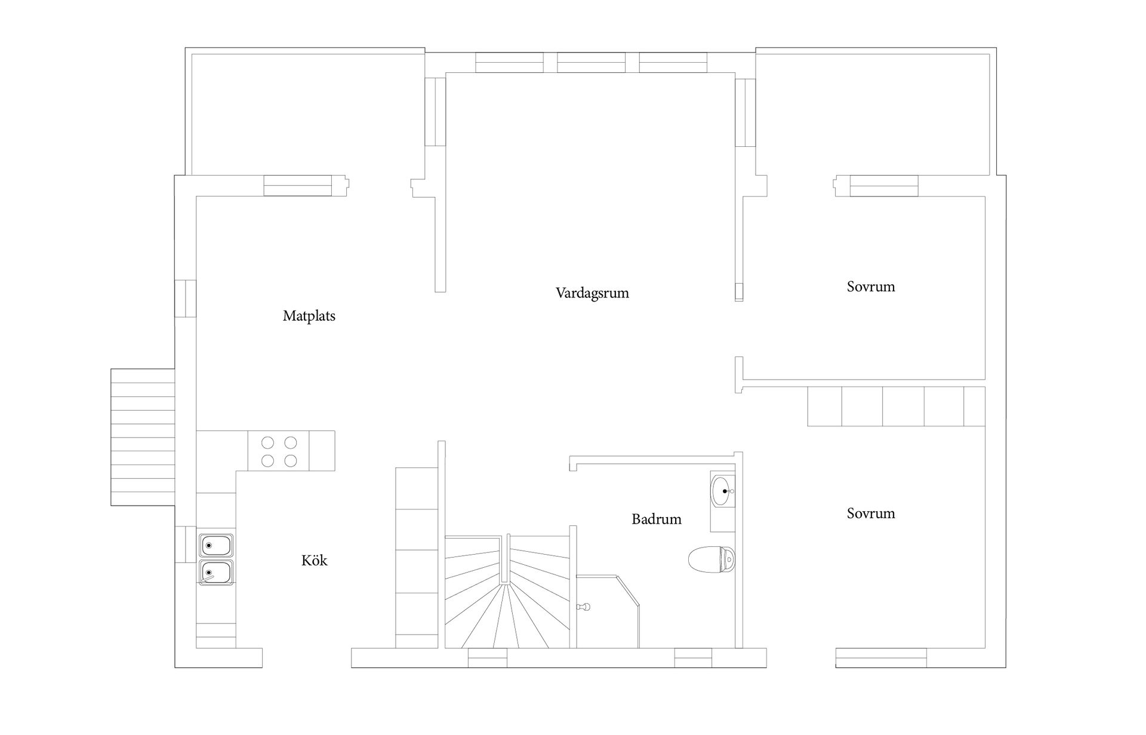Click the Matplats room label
pos(309,316)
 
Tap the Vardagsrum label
pos(592,293)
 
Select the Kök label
pos(315,560)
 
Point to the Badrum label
pos(657,519)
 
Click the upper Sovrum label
pos(871,287)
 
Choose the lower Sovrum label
pos(871,513)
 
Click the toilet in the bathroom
pos(712,559)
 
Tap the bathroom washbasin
pos(723,491)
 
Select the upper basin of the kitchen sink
pos(216,545)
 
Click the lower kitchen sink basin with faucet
pos(216,573)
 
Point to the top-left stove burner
pos(268,442)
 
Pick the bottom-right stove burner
pos(291,461)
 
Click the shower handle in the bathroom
pos(584,607)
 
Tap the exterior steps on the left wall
pos(143,437)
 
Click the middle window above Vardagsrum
pos(591,63)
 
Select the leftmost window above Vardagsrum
pos(509,63)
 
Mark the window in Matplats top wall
pos(298,186)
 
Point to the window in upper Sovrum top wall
pos(884,186)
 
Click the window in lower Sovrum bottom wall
pos(881,657)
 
